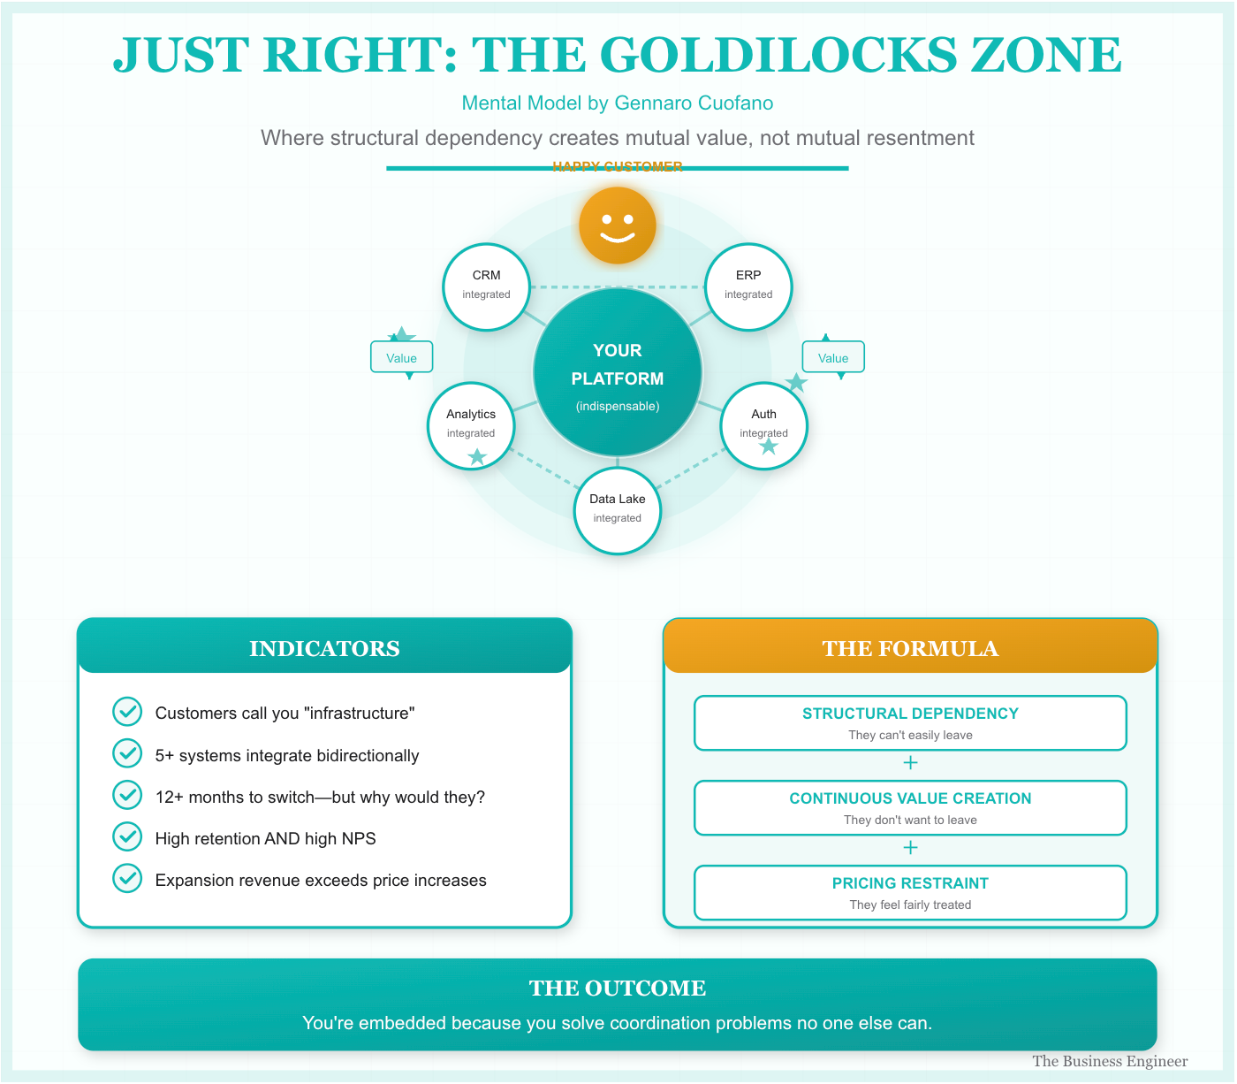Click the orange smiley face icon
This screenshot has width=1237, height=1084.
pyautogui.click(x=618, y=225)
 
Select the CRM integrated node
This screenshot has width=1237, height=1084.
pyautogui.click(x=486, y=286)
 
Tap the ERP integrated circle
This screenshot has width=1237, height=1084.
pyautogui.click(x=748, y=286)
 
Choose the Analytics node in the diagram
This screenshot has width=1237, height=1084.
pyautogui.click(x=471, y=425)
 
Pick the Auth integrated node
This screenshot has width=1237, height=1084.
pyautogui.click(x=763, y=425)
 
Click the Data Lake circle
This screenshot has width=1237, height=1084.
pyautogui.click(x=618, y=510)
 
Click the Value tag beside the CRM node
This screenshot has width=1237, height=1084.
pyautogui.click(x=401, y=357)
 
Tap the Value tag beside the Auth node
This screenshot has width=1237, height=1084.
pyautogui.click(x=832, y=357)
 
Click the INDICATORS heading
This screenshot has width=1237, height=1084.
pyautogui.click(x=324, y=648)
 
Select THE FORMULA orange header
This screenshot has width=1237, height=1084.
pyautogui.click(x=910, y=648)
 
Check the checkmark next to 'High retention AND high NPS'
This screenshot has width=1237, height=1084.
pyautogui.click(x=127, y=837)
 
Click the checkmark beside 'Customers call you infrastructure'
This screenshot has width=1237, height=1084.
pyautogui.click(x=127, y=712)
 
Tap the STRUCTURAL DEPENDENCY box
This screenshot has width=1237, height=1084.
pyautogui.click(x=910, y=723)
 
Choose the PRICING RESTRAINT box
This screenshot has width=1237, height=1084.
pyautogui.click(x=910, y=893)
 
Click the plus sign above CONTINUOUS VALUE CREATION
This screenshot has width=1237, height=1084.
pyautogui.click(x=910, y=763)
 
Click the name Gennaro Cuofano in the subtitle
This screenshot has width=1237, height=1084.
pyautogui.click(x=694, y=103)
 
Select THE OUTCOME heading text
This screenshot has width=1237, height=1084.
pyautogui.click(x=618, y=988)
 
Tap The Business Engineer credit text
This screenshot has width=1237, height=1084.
pyautogui.click(x=1110, y=1061)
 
